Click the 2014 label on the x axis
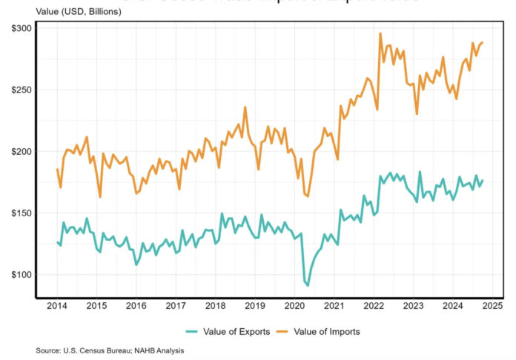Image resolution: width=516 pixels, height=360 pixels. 57,304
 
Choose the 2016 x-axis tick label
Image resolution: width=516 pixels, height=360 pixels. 136,304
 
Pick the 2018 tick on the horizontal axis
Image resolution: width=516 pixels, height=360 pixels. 216,304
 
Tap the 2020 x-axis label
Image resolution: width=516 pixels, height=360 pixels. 295,304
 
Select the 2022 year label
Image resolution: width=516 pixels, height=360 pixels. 374,304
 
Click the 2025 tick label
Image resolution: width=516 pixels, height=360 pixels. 493,304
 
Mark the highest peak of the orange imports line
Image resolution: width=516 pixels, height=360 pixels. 380,33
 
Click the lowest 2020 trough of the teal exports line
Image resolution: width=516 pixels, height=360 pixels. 308,285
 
